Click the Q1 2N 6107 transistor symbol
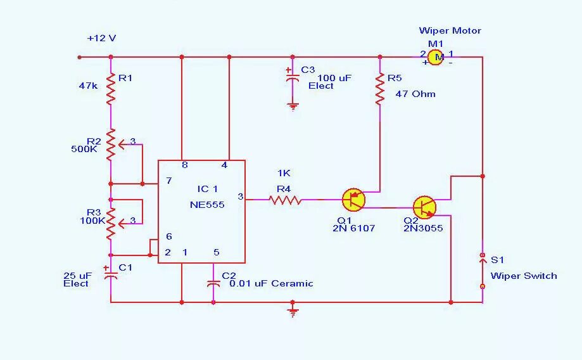coord(353,200)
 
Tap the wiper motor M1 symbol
coord(435,57)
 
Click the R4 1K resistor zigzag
coord(286,200)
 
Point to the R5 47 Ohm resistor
coord(380,89)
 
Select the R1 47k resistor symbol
coord(111,88)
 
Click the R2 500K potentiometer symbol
coord(111,145)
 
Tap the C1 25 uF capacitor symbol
coord(111,273)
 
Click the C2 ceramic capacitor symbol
coord(214,283)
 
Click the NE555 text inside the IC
coord(207,205)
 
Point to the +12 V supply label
coord(101,38)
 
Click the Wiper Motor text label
coord(450,30)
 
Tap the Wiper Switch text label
coord(524,276)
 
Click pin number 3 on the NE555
coord(240,196)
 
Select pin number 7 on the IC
coord(169,181)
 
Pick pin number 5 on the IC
coord(216,252)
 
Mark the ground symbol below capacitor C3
coord(293,106)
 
